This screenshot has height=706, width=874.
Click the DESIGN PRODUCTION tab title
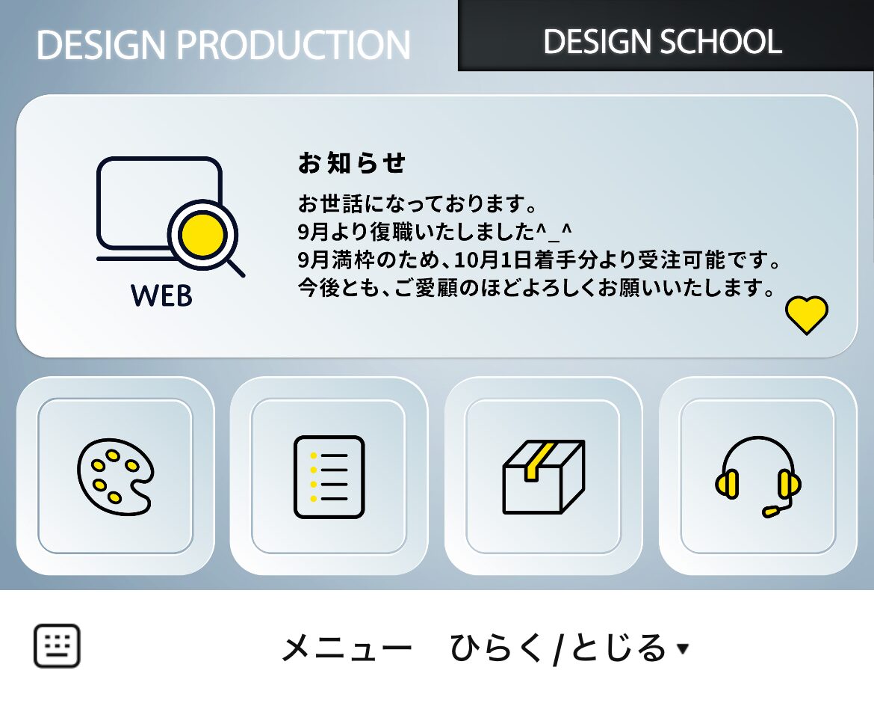click(x=223, y=46)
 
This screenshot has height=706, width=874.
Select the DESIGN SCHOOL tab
click(x=663, y=42)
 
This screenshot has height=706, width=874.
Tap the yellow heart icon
click(x=807, y=315)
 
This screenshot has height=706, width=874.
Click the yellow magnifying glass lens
click(x=203, y=235)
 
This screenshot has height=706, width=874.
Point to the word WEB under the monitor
click(x=161, y=295)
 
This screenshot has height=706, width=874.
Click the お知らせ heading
click(x=351, y=163)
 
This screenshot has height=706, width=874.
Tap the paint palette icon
click(x=115, y=476)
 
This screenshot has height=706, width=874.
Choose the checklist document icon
click(x=329, y=476)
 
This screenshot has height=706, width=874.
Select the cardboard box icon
click(x=543, y=476)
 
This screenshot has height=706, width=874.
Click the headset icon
click(x=757, y=476)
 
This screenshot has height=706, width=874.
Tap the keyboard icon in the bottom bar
click(x=57, y=646)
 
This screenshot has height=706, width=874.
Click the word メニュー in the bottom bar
click(x=346, y=648)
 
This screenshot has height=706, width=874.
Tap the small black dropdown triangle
click(x=683, y=649)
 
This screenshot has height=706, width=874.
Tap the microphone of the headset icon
click(x=770, y=512)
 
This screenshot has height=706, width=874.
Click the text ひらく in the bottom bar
click(x=497, y=648)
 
